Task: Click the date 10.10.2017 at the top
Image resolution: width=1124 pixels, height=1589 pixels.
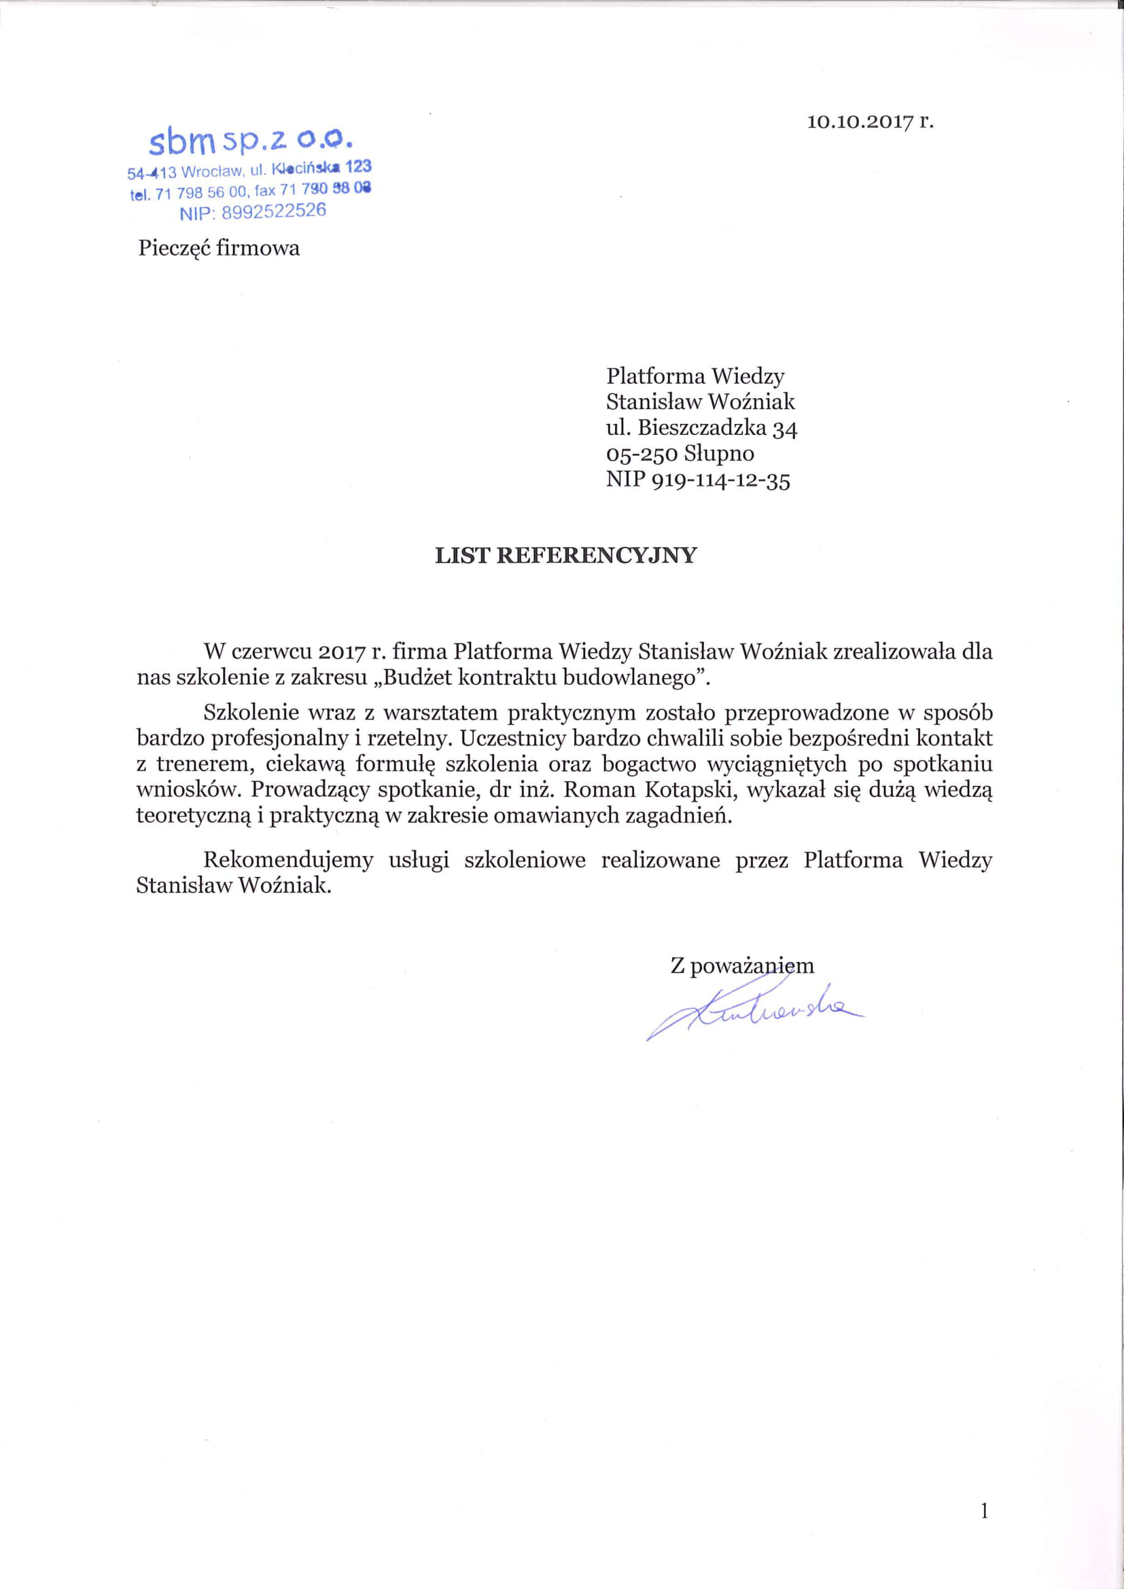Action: pyautogui.click(x=857, y=122)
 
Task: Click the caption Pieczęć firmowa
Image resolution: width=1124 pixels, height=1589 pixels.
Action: pyautogui.click(x=219, y=248)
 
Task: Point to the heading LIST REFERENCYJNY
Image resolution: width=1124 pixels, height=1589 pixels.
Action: pyautogui.click(x=565, y=556)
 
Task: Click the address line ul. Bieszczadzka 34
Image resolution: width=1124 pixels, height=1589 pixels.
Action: pyautogui.click(x=702, y=429)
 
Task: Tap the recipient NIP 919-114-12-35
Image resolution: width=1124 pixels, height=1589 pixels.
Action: pyautogui.click(x=698, y=480)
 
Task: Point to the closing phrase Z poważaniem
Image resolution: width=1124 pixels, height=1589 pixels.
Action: pyautogui.click(x=742, y=965)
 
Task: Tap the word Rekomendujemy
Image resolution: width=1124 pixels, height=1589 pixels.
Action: pyautogui.click(x=289, y=860)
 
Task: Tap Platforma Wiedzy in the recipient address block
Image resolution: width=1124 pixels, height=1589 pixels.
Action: pyautogui.click(x=695, y=376)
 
